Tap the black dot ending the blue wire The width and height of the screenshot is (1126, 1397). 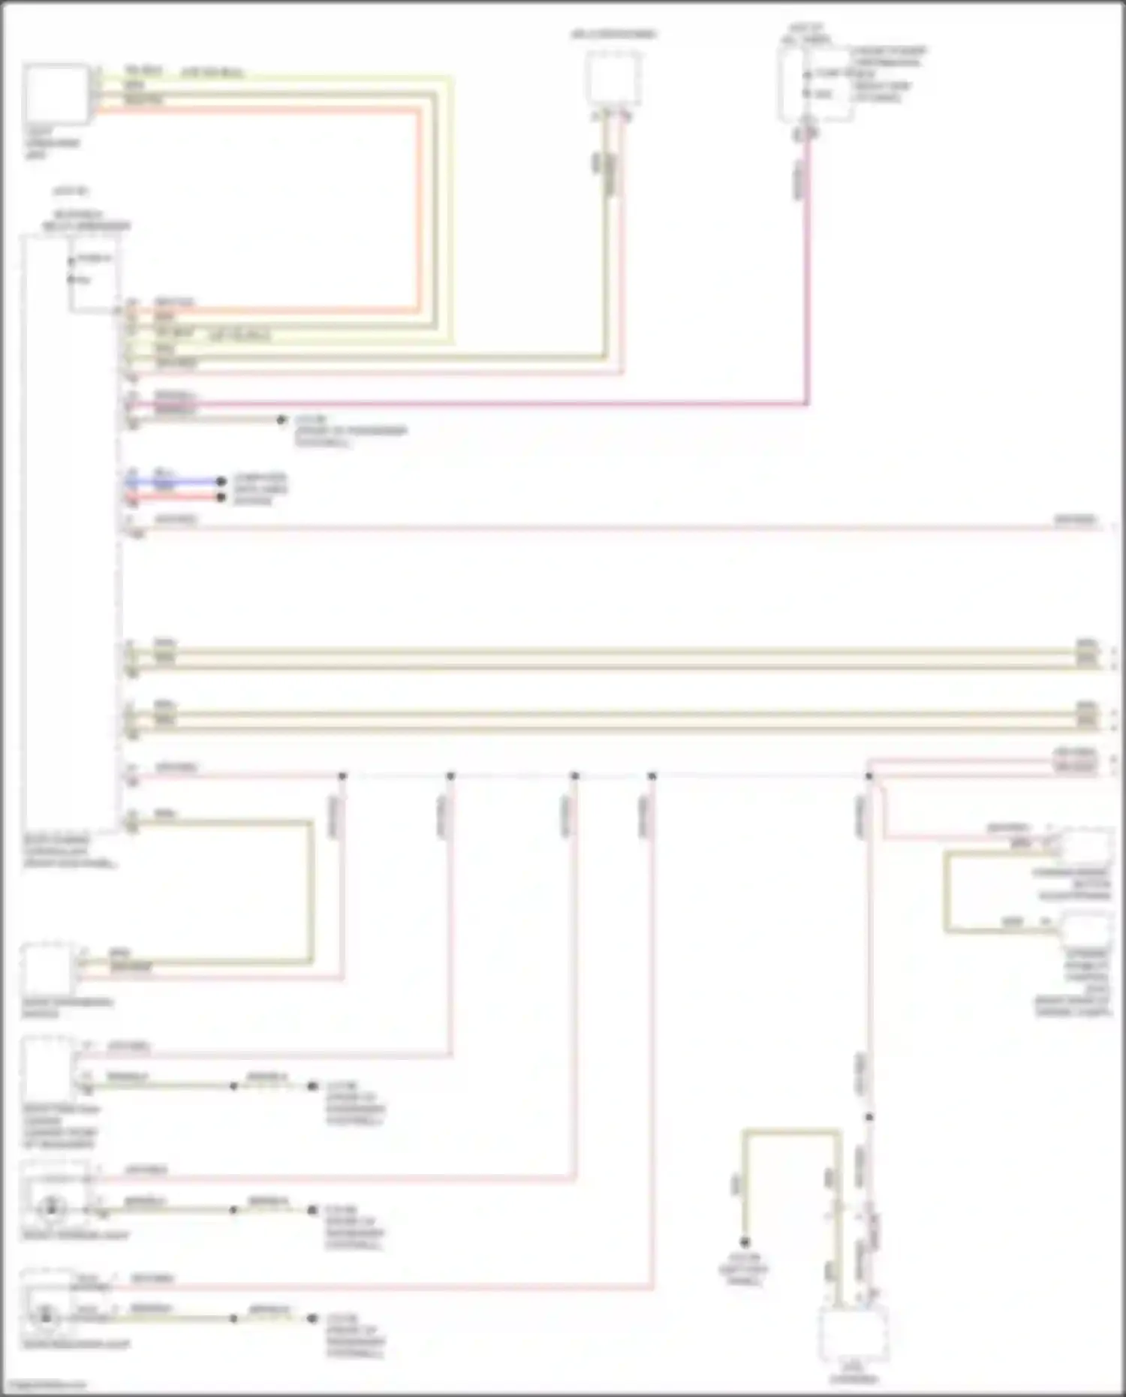point(221,481)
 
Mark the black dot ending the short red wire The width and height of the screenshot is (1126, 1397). point(221,497)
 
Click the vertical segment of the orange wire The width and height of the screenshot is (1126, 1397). point(417,210)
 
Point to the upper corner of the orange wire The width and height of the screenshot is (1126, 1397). point(417,111)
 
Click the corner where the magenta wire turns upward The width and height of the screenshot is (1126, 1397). point(807,404)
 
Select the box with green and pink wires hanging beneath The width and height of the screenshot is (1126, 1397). point(613,78)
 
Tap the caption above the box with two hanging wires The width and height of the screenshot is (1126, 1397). point(613,35)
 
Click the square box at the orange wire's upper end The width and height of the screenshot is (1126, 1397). point(56,94)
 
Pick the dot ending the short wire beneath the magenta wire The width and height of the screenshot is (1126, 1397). point(281,420)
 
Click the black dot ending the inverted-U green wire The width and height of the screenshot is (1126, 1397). point(745,1242)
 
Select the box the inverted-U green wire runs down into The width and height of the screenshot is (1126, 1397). point(854,1333)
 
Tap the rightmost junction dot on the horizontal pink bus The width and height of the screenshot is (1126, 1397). point(869,775)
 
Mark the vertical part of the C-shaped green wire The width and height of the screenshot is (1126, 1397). point(946,892)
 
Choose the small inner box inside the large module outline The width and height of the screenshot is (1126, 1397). point(94,274)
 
